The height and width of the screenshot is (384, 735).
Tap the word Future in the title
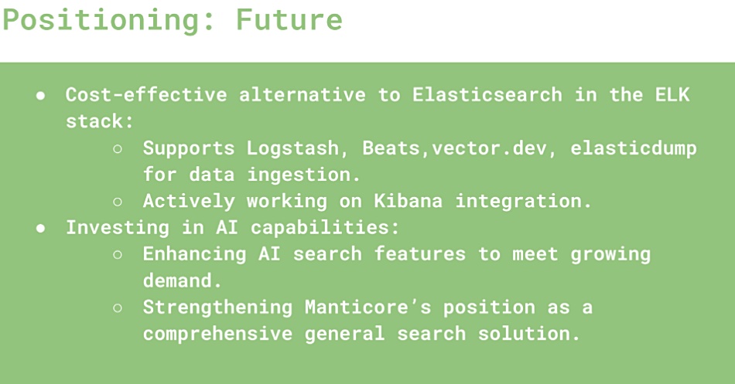click(289, 19)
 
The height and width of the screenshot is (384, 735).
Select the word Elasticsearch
click(487, 94)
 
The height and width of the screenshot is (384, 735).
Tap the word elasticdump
click(634, 149)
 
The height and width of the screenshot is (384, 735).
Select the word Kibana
click(409, 201)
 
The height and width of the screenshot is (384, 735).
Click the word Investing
click(118, 228)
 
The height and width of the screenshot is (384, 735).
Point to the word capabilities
click(325, 228)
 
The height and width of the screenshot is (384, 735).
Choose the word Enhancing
click(194, 254)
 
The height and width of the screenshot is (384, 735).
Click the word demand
click(182, 280)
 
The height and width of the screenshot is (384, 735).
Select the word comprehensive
click(218, 335)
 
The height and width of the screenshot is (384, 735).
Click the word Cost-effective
click(146, 94)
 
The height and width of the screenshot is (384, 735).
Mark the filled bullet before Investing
click(41, 229)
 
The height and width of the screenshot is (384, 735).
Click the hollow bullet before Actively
click(118, 202)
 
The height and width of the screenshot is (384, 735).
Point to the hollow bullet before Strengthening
click(118, 308)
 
